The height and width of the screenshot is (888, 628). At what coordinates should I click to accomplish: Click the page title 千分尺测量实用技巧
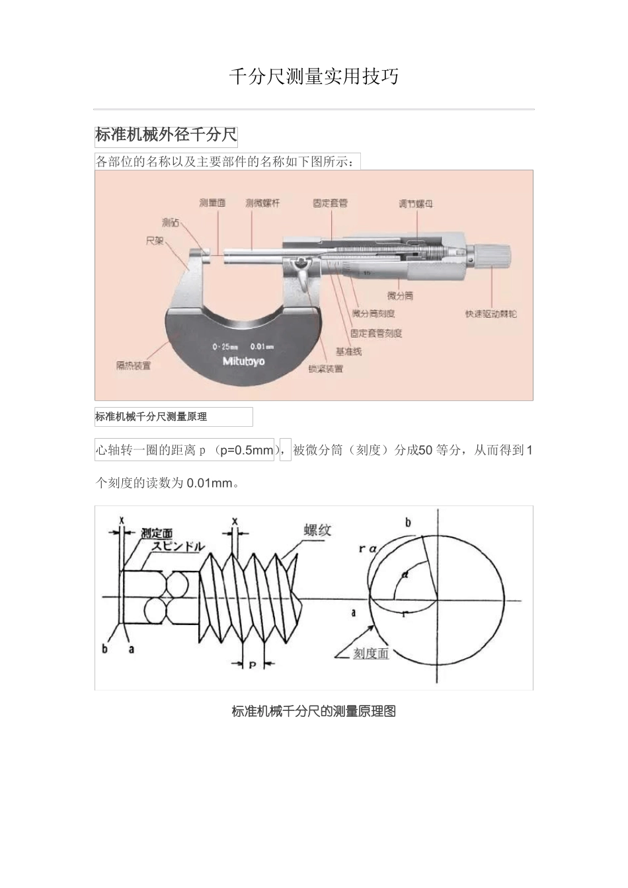313,77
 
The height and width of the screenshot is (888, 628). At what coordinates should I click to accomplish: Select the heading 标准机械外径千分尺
166,135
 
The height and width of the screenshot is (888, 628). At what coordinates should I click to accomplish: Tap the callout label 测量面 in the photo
212,203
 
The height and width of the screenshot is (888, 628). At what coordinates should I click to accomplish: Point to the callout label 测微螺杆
262,203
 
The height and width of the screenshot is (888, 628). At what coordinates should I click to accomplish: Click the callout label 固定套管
330,203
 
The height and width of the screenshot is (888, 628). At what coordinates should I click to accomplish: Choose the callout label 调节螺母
416,203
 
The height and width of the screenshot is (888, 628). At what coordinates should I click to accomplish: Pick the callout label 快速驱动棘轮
491,313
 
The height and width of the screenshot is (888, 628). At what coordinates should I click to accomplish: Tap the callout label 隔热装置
134,365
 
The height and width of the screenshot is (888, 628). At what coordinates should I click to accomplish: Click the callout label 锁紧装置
326,369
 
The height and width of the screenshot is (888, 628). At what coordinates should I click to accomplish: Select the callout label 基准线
348,351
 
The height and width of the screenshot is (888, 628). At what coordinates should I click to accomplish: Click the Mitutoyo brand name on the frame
243,361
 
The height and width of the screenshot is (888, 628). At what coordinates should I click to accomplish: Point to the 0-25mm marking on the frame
225,347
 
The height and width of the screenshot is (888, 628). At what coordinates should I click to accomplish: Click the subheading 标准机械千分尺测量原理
151,417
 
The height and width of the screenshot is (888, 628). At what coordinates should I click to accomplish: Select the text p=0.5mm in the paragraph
246,451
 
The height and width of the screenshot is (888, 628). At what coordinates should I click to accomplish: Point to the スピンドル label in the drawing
178,546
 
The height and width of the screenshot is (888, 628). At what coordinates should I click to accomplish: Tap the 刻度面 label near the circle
371,653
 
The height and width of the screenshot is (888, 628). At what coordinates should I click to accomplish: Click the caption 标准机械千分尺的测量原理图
313,712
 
